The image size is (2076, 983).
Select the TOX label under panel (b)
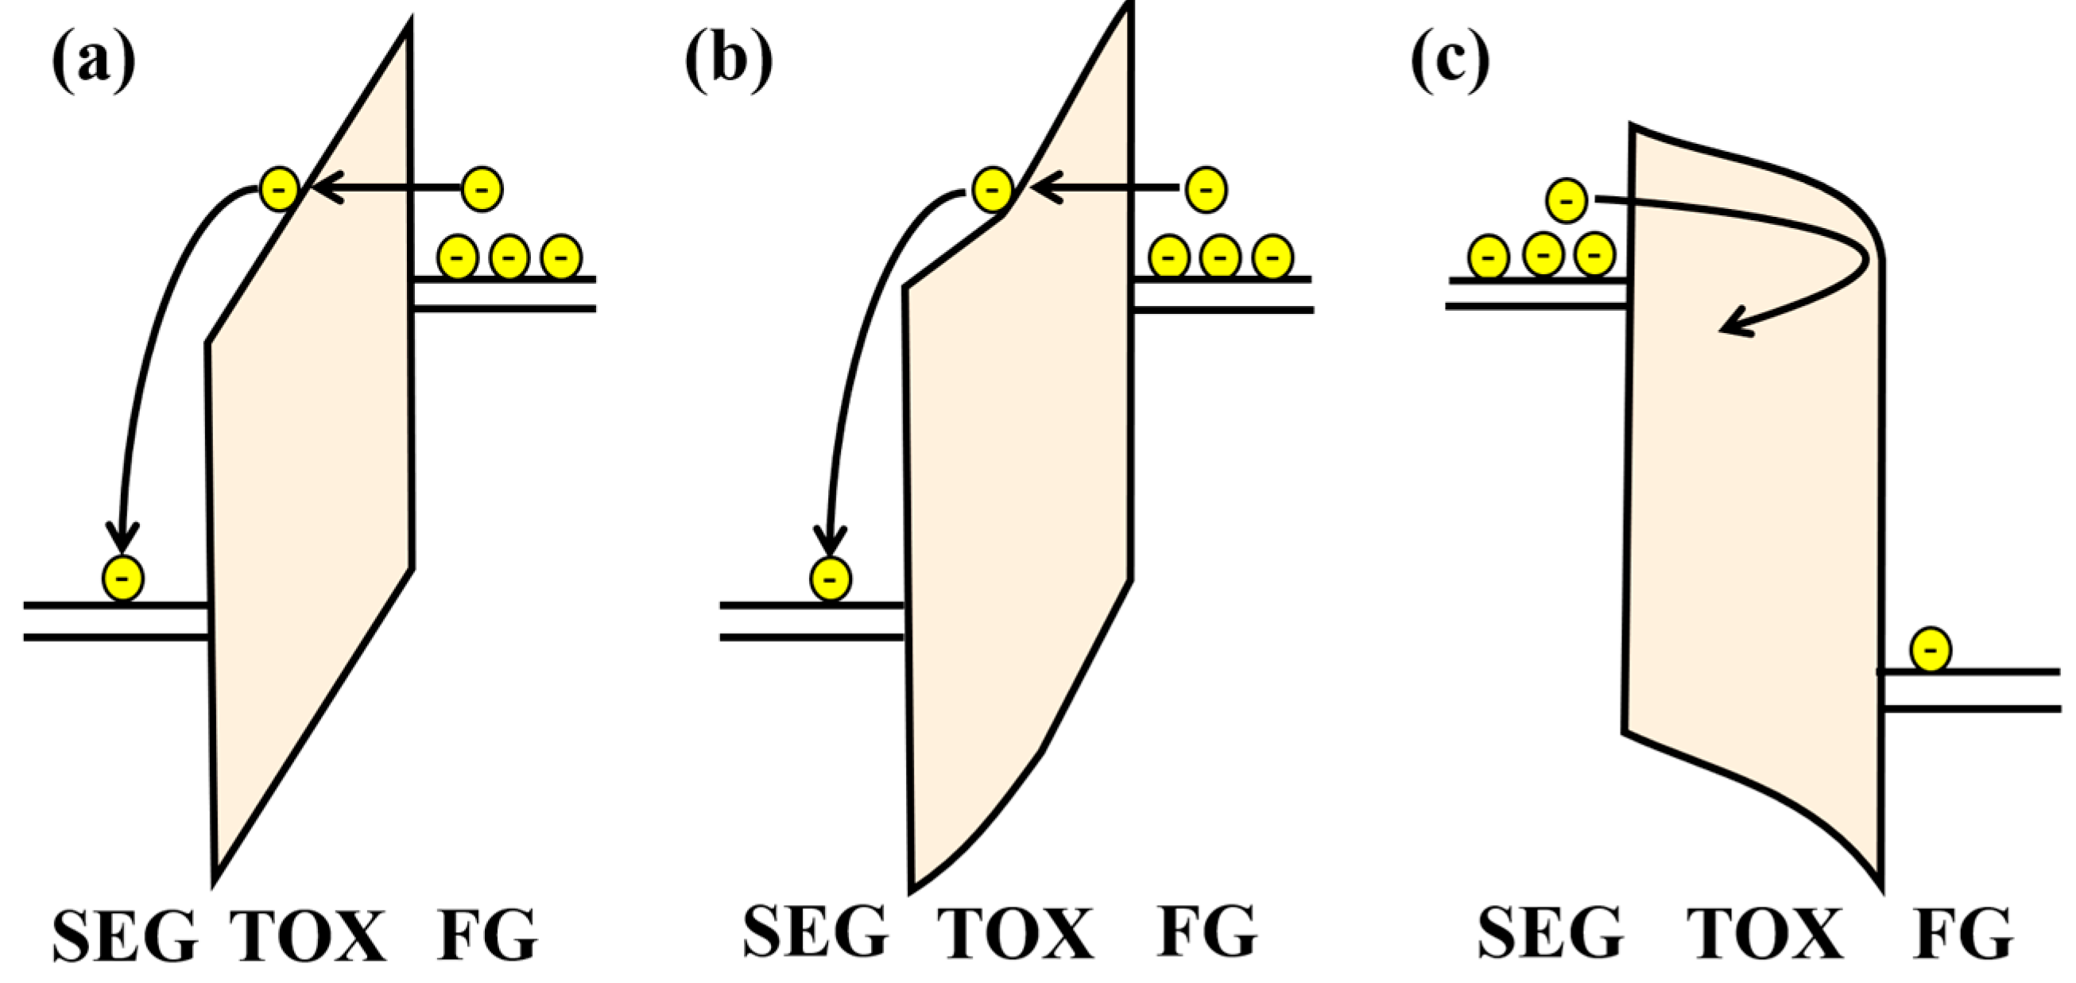[1015, 933]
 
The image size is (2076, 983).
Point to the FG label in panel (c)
[1963, 933]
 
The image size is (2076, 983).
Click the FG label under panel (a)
[486, 935]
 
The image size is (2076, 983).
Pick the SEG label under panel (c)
[1550, 933]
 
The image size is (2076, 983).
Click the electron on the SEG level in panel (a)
[123, 578]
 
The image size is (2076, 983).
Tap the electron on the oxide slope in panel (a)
[280, 189]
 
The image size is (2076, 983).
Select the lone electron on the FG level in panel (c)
[1931, 649]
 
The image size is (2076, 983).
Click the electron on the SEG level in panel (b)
[831, 579]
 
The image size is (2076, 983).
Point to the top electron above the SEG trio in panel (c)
[1567, 200]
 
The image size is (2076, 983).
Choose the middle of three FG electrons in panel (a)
[509, 257]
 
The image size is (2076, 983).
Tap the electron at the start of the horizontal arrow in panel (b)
[1206, 189]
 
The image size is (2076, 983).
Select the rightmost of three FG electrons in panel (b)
[1272, 257]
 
